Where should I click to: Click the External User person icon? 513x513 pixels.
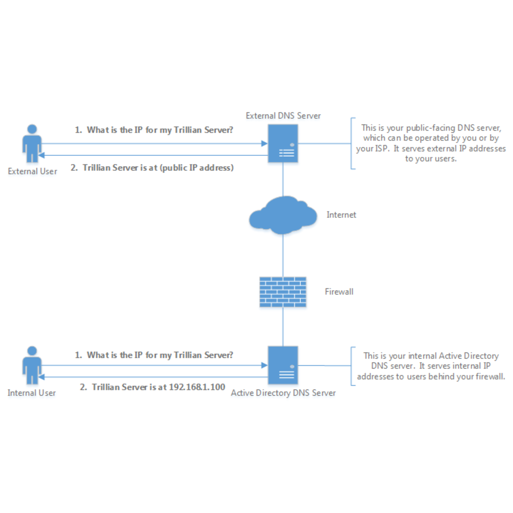pos(32,143)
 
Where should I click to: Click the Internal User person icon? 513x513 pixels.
pos(32,365)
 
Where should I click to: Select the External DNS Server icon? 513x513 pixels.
pos(283,143)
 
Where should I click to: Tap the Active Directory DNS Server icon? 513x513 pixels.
pos(283,365)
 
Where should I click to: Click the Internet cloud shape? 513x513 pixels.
pos(283,216)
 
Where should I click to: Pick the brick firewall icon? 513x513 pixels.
pos(283,292)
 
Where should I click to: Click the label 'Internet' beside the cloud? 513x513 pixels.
pos(341,215)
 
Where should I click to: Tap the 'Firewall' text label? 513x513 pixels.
pos(339,292)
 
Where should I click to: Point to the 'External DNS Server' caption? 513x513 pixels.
pos(283,116)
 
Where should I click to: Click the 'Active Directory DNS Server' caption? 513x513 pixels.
pos(283,393)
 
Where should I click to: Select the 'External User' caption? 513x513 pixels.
pos(32,172)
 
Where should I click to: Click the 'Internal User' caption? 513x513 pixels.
pos(32,393)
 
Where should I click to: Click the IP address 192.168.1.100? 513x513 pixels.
pos(197,387)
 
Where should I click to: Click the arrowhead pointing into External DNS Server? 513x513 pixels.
pos(264,143)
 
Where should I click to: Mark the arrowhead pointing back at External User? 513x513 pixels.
pos(42,155)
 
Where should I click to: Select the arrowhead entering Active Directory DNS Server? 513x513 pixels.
pos(264,365)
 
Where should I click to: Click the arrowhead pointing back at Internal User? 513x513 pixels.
pos(42,377)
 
